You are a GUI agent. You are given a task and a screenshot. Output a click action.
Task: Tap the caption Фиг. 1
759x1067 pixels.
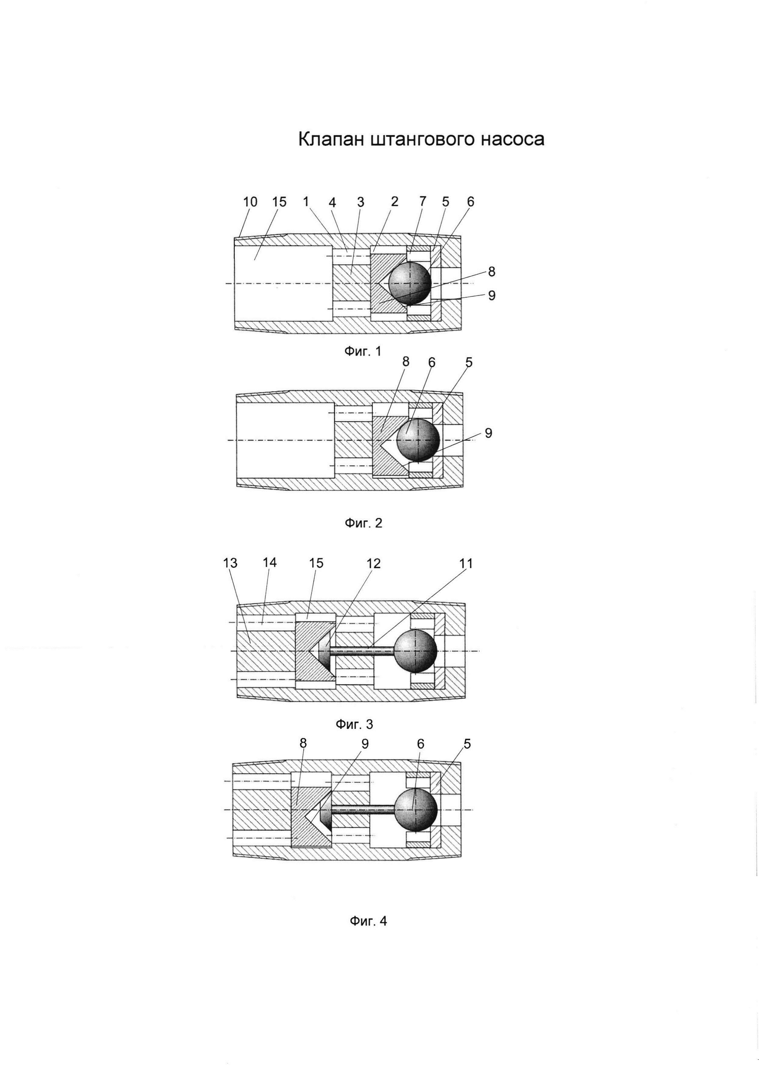[x=363, y=352]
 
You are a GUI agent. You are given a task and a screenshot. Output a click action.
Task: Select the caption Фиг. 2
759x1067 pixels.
[x=363, y=523]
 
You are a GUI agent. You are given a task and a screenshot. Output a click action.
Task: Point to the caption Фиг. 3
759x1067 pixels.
[x=354, y=724]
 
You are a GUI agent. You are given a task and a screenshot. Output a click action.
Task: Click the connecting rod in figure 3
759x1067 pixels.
[x=363, y=651]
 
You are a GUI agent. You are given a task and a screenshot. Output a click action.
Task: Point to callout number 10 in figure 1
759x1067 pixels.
[x=250, y=202]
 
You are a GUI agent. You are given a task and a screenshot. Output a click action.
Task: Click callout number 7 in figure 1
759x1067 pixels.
[x=423, y=201]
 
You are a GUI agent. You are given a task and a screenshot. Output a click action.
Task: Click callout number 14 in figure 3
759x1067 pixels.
[x=270, y=563]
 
